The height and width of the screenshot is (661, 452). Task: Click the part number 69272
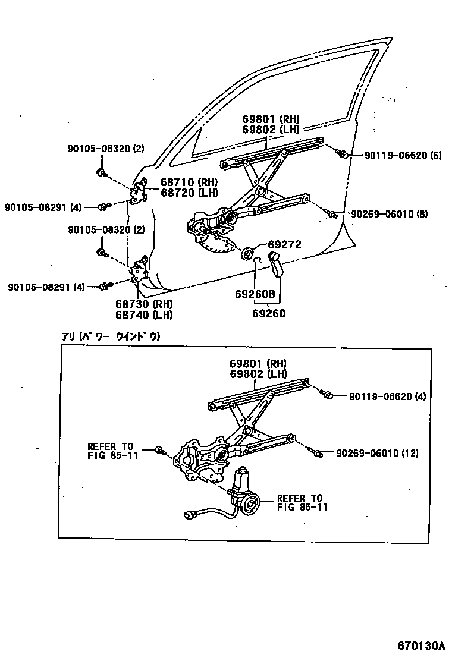(x=284, y=244)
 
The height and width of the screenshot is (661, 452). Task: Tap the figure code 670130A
(x=421, y=645)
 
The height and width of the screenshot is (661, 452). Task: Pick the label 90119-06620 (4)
(x=388, y=396)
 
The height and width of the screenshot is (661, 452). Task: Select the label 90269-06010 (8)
(x=389, y=214)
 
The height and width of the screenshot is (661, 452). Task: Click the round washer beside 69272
(x=246, y=252)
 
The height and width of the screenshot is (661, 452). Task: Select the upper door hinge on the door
(x=140, y=190)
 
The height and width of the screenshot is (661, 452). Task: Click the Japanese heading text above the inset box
(x=111, y=336)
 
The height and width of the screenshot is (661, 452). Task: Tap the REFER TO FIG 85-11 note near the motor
(x=300, y=502)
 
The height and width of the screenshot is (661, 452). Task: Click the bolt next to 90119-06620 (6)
(x=343, y=155)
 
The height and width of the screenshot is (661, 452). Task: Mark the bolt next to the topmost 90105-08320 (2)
(x=101, y=174)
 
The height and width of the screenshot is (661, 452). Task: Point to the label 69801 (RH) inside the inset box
(x=258, y=364)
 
